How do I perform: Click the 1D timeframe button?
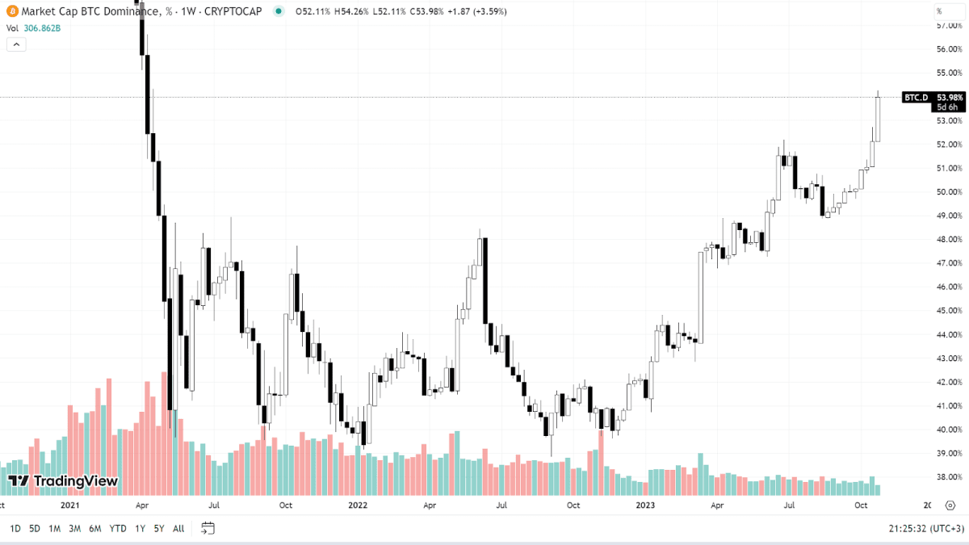(x=15, y=529)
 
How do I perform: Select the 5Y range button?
(x=159, y=529)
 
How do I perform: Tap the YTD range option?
(x=118, y=529)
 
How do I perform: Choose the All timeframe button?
(x=178, y=529)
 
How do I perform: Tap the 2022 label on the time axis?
(x=358, y=505)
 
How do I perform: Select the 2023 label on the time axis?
(x=645, y=505)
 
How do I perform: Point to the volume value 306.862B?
(x=41, y=28)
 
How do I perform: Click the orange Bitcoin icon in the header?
(x=11, y=11)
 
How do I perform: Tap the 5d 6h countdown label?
(x=947, y=107)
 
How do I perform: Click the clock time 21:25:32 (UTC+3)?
(x=922, y=529)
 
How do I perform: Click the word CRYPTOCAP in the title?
(x=233, y=11)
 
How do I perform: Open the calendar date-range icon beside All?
(x=208, y=529)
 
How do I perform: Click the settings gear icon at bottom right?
(x=950, y=505)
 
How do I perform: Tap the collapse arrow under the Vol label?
(x=16, y=45)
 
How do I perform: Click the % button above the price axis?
(x=940, y=11)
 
